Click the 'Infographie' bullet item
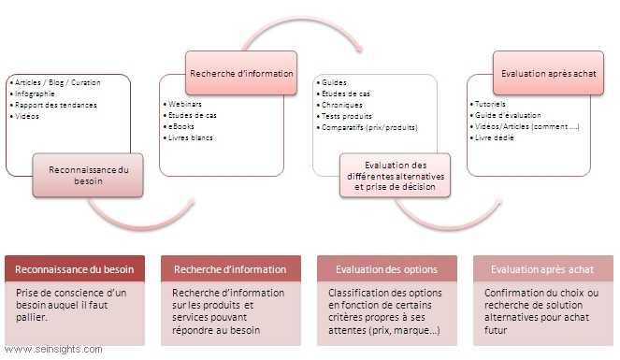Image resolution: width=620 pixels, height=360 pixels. point(35,94)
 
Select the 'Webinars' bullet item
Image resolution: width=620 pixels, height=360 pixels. point(186,104)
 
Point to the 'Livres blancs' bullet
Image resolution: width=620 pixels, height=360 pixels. point(191,137)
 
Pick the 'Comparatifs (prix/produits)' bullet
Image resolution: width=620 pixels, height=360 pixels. point(370,127)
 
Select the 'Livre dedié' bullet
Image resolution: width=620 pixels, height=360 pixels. point(497,137)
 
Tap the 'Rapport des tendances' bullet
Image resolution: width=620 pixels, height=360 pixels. point(51,105)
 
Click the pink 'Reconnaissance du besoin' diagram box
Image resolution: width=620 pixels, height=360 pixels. point(88,175)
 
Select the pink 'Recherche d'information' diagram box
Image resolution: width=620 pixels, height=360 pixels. point(241,73)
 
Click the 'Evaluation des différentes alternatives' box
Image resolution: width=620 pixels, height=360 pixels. point(393,175)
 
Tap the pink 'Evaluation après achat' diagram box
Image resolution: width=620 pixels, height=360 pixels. point(546,73)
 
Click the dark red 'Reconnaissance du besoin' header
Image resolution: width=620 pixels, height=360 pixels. point(75,269)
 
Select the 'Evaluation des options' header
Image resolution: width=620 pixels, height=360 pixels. point(386,269)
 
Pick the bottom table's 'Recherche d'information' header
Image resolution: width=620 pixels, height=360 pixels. point(230,269)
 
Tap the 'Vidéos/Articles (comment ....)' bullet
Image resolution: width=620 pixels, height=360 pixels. point(526,126)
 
